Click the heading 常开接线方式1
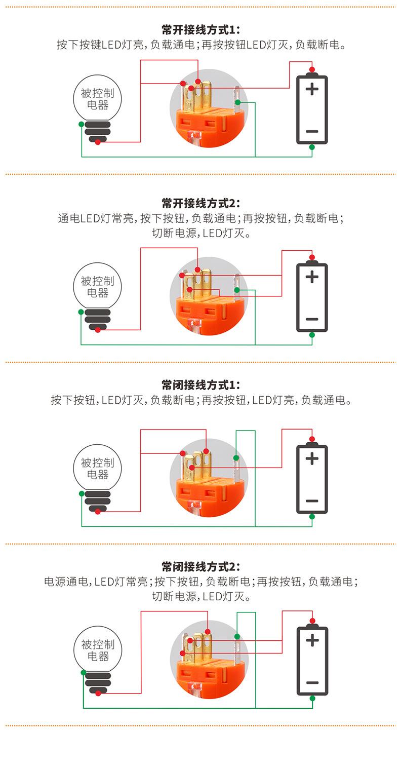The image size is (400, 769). (200, 30)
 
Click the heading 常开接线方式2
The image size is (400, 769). (200, 204)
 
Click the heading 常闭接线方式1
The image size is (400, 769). (200, 384)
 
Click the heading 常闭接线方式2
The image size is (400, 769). (200, 566)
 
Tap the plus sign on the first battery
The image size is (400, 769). (312, 90)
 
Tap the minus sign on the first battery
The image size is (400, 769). (312, 131)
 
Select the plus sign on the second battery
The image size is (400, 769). (312, 277)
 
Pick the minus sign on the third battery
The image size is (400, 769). (312, 501)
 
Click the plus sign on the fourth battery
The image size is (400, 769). (312, 640)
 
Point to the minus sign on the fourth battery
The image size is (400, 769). (312, 682)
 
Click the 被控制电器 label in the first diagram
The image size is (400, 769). (98, 99)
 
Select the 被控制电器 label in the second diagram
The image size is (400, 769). (98, 287)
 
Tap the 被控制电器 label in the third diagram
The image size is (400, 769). (98, 469)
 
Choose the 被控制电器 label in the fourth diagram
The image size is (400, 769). (98, 650)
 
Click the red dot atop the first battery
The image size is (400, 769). (312, 69)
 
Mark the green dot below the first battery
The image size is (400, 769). (312, 147)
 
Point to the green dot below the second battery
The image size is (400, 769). (312, 335)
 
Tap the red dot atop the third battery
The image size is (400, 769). (312, 439)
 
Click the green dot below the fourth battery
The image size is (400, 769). (312, 698)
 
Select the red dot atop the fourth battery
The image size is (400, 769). (312, 621)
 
